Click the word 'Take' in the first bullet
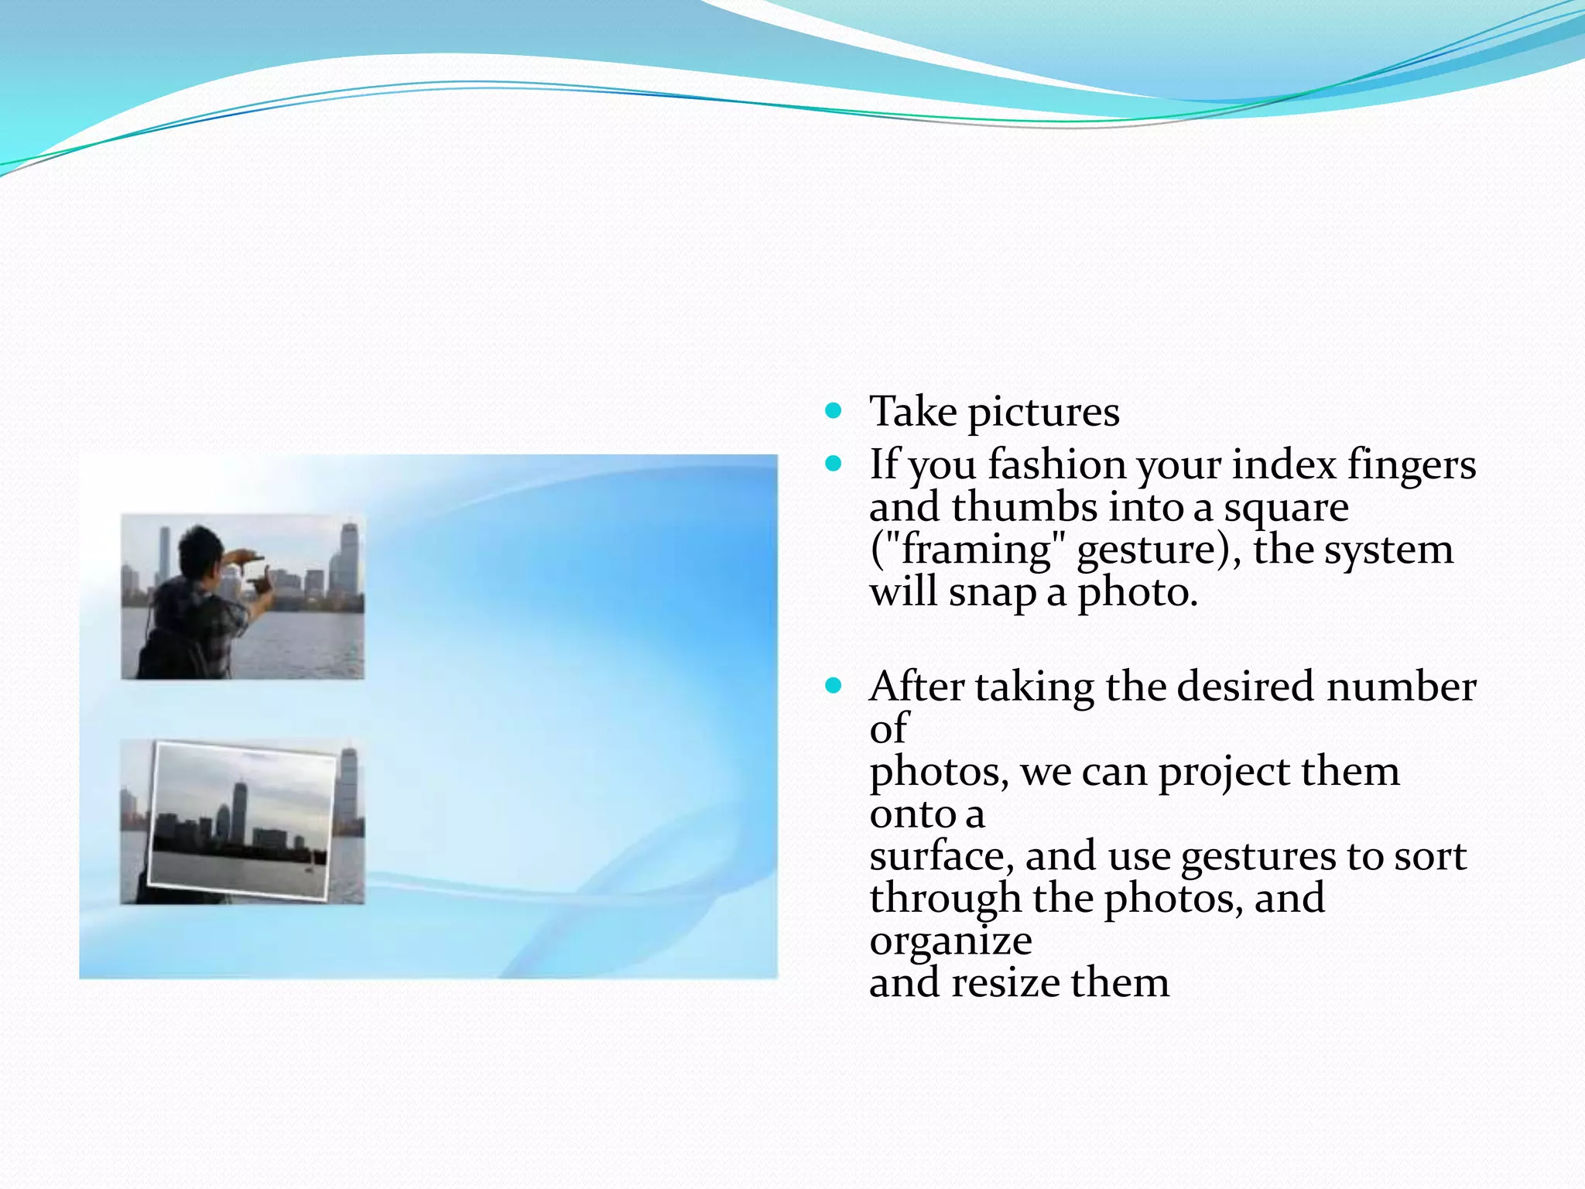point(912,411)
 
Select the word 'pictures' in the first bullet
point(1043,413)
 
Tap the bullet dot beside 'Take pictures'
point(833,410)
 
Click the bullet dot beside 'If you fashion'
point(833,464)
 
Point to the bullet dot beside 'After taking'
point(833,685)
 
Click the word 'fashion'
point(1056,464)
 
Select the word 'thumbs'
point(1024,507)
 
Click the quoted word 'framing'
point(977,551)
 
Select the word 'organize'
point(950,942)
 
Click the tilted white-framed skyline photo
point(243,820)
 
